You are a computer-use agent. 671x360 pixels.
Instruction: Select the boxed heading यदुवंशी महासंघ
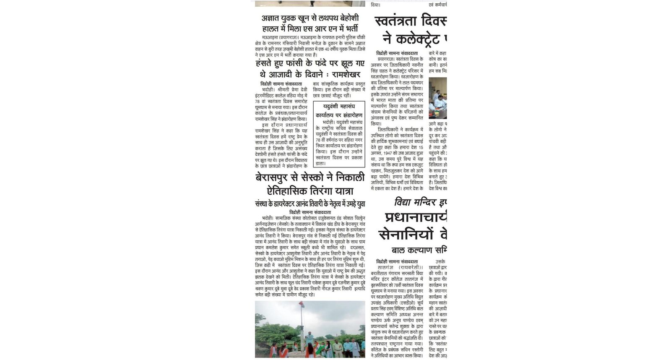point(339,107)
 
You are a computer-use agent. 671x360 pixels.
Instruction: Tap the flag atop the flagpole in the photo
point(301,303)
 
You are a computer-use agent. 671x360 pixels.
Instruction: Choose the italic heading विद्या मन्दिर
point(415,203)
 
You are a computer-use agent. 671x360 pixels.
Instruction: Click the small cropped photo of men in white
point(437,98)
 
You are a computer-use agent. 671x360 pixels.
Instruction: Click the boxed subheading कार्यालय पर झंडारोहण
point(339,115)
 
